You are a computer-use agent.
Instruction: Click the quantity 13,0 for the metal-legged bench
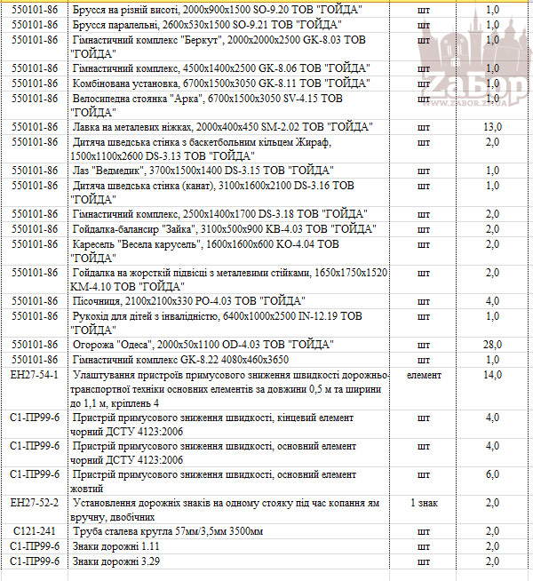tap(493, 127)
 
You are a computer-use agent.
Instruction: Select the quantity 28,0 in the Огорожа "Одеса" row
tap(493, 344)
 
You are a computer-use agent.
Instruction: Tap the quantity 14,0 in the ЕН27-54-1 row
tap(493, 375)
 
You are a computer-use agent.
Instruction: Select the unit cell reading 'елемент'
tap(424, 375)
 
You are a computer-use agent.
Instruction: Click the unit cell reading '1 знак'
tap(424, 503)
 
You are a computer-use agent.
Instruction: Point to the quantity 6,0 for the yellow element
tap(493, 474)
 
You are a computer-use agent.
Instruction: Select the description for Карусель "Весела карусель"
tap(204, 250)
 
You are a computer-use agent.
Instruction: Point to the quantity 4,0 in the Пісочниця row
tap(493, 300)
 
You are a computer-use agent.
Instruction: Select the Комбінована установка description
tap(221, 84)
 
